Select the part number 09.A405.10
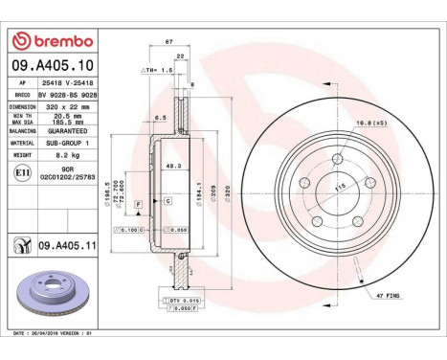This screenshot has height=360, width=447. [52, 64]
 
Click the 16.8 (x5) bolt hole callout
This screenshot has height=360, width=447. [371, 124]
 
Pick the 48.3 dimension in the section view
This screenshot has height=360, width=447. [172, 166]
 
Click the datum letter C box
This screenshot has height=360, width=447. [167, 201]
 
